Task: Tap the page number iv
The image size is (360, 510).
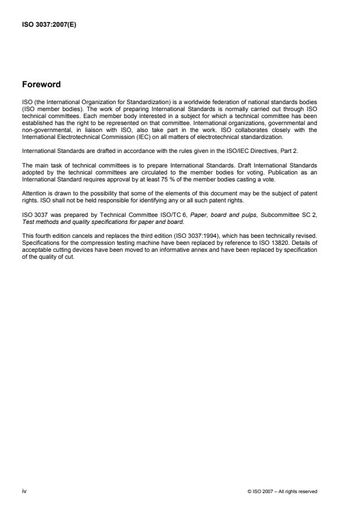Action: point(24,491)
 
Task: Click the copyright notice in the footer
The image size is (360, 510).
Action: point(282,491)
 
